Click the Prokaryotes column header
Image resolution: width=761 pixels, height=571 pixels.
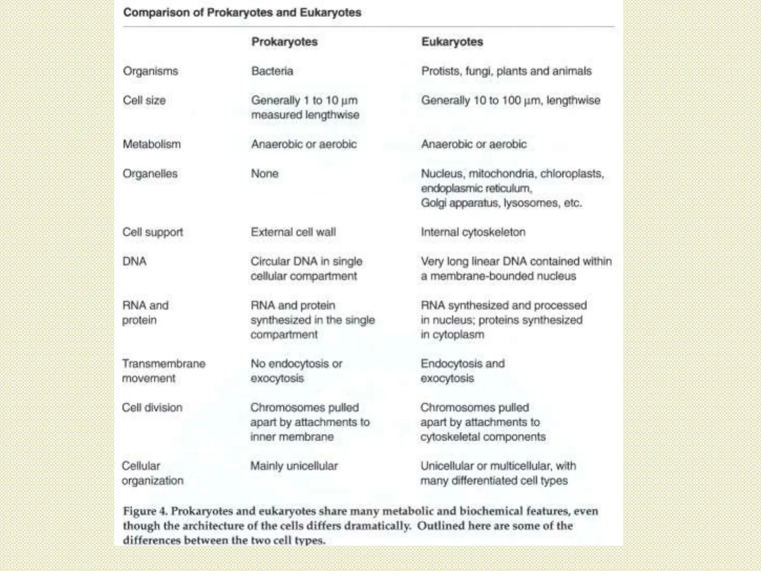coord(284,42)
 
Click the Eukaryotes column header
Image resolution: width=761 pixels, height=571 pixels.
coord(452,42)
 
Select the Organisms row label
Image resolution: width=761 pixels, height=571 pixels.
coord(150,71)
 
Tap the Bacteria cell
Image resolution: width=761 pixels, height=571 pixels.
coord(272,71)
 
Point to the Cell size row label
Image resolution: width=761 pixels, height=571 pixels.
coord(144,100)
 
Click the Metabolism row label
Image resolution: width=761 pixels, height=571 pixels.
coord(152,144)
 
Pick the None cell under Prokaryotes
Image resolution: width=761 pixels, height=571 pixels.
coord(265,174)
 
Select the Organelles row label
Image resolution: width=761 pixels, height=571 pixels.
coord(150,174)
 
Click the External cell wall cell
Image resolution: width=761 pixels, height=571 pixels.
coord(293,232)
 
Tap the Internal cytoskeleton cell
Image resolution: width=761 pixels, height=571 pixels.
coord(473,232)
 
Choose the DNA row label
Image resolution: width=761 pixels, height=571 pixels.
coord(135,261)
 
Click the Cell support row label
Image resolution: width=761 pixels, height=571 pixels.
coord(153,232)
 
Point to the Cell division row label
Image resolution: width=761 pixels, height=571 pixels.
coord(152,407)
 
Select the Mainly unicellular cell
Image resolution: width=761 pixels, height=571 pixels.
coord(294,466)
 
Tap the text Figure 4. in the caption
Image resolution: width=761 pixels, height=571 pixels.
coord(146,511)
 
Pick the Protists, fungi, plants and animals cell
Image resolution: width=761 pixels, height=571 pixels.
coord(506,71)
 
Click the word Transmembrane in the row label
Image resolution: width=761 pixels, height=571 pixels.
coord(164,364)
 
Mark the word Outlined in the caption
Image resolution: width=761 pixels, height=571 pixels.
coord(441,526)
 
